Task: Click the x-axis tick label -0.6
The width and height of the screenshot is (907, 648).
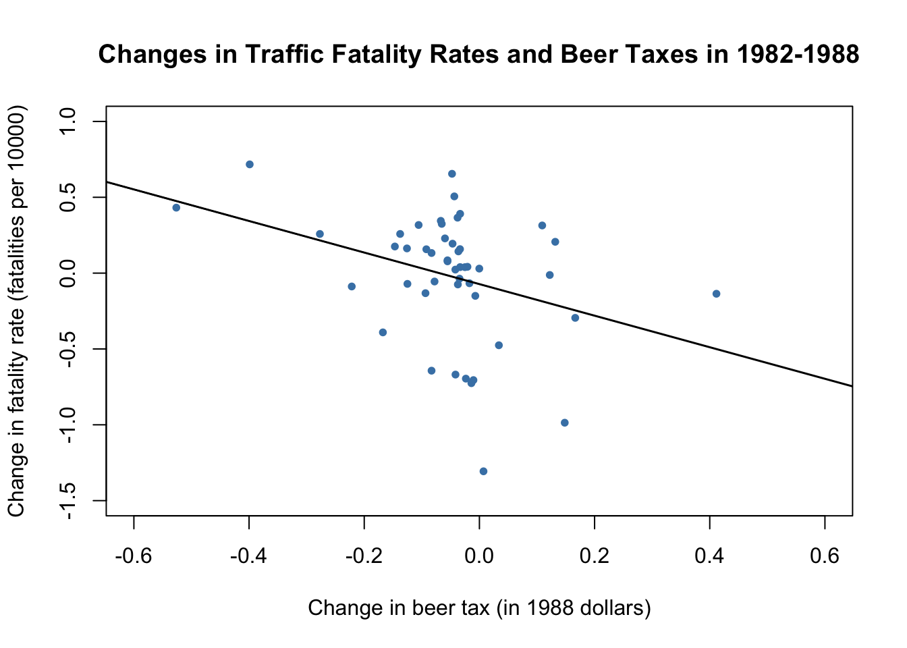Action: pos(134,556)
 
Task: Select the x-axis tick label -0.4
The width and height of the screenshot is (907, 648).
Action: pos(249,556)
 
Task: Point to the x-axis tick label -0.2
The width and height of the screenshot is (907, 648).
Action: pos(364,556)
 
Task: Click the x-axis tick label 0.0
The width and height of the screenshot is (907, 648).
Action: pos(479,556)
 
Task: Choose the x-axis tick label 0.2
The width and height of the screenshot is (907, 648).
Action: pos(595,556)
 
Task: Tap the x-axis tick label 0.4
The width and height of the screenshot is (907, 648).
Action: pos(709,556)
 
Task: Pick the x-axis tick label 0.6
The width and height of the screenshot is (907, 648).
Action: pos(825,556)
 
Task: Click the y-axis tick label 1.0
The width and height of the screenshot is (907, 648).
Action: pos(68,122)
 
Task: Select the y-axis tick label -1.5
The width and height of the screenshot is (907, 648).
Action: pos(68,501)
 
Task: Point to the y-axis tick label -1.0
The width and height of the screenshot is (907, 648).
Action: pos(68,425)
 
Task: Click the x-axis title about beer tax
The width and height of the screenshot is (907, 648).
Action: pos(479,608)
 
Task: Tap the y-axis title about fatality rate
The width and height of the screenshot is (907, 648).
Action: pos(16,310)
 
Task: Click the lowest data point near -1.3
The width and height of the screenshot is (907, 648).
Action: pos(483,471)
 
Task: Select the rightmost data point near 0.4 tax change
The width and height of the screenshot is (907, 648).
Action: pos(716,294)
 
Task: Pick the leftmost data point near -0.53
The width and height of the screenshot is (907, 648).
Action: pos(176,208)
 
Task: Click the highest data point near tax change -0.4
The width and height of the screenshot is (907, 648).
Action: pos(250,164)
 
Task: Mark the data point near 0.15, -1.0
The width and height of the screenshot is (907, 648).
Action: pos(565,423)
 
